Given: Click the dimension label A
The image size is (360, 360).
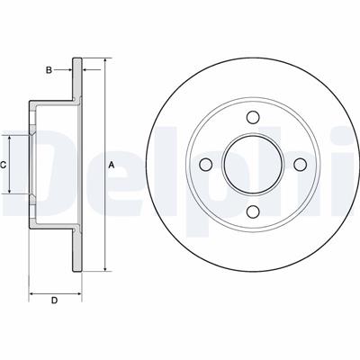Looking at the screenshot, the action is click(112, 165).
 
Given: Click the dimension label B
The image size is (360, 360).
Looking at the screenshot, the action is click(49, 70).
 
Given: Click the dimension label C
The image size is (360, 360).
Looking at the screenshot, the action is click(3, 165).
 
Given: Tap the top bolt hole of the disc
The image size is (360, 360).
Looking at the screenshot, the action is click(253, 117).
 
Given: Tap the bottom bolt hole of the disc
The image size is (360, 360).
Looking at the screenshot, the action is click(253, 211).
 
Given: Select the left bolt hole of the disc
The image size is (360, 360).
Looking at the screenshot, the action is click(206, 165).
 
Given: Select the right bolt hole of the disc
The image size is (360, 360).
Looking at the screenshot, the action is click(300, 165).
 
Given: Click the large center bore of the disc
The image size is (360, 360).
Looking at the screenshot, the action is click(253, 165).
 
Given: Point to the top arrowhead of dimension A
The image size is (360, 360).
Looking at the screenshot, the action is click(105, 61).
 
